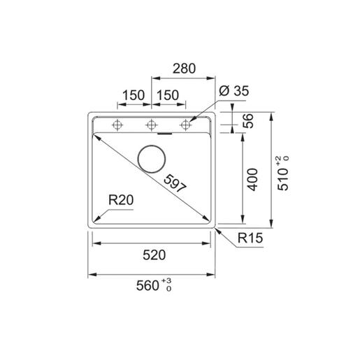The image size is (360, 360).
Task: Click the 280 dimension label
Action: [x=184, y=69]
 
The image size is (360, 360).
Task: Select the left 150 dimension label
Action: [x=134, y=95]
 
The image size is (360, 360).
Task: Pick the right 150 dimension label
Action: [x=168, y=95]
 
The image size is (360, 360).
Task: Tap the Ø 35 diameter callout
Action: [x=234, y=91]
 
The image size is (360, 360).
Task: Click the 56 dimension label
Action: [x=248, y=121]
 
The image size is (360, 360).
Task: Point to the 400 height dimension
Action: [x=252, y=180]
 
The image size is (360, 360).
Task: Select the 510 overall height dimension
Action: [x=283, y=179]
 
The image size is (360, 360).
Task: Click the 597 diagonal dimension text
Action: [x=175, y=184]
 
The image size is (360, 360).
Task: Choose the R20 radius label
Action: [x=121, y=200]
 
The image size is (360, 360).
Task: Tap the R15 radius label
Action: [x=250, y=238]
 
